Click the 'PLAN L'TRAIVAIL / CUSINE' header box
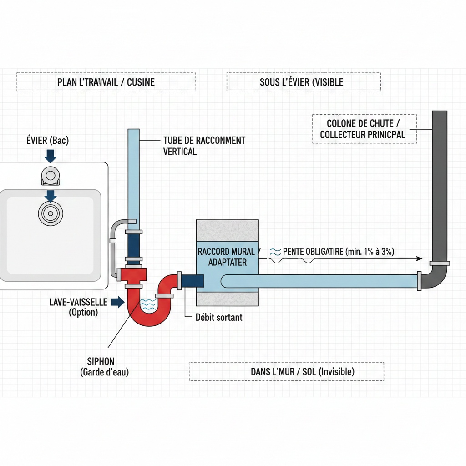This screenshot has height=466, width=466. (106, 82)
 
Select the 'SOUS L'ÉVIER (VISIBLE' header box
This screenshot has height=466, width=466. (303, 82)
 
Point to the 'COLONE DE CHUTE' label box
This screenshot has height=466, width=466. (365, 129)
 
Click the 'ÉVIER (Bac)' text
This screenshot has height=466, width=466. (47, 141)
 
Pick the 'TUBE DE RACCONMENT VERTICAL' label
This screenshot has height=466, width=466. (204, 146)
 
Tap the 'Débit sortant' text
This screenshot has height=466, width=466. (218, 317)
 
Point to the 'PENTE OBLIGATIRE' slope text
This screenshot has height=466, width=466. (339, 251)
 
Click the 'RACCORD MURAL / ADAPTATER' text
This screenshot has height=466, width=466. (228, 257)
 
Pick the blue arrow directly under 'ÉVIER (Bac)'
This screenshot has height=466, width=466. (51, 156)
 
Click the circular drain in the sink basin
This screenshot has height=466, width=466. (50, 213)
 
